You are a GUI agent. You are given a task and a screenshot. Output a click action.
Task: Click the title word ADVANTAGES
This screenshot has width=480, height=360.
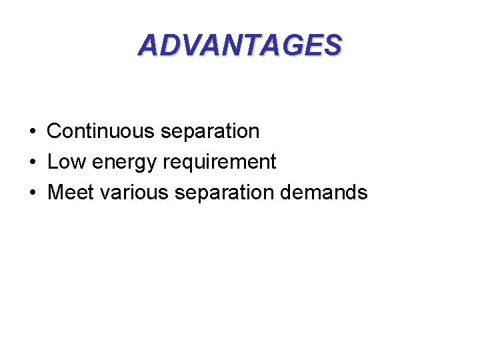(240, 45)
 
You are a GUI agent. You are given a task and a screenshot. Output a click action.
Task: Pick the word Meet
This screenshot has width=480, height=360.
(71, 193)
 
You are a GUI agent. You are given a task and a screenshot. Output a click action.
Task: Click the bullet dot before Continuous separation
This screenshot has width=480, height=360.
(32, 132)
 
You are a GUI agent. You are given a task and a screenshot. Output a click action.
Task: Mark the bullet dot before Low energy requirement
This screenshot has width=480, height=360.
(32, 163)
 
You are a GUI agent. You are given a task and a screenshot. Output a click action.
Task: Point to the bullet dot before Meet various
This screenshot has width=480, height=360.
(32, 193)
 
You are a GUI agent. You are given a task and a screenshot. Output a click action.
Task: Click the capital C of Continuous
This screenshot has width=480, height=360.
(55, 131)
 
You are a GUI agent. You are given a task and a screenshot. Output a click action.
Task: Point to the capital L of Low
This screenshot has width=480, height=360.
(53, 162)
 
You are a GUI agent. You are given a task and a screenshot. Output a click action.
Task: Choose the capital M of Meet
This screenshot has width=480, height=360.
(56, 193)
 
